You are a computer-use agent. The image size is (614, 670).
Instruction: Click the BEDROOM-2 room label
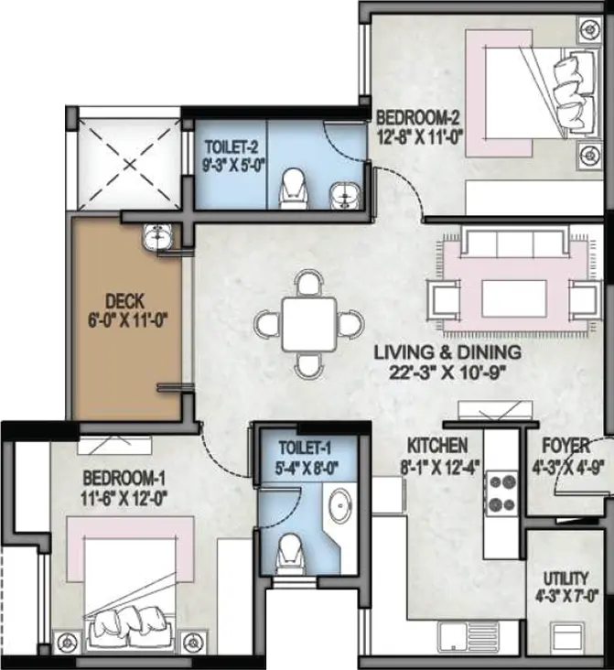click(417, 117)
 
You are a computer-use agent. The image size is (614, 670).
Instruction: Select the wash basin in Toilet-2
click(345, 196)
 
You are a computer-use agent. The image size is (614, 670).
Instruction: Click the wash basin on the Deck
click(156, 236)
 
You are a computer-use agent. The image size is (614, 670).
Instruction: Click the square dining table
click(309, 324)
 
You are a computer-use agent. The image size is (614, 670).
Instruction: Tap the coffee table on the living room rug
click(514, 298)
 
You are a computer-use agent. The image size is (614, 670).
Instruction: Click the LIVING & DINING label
click(447, 352)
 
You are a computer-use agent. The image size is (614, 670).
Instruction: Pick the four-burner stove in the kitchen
click(501, 493)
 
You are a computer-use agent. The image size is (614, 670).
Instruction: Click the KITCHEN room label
click(437, 446)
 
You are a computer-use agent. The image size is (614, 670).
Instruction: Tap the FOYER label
click(566, 446)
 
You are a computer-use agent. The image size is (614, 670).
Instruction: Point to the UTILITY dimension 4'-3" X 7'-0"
click(566, 596)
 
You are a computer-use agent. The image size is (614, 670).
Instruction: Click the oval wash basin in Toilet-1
click(340, 504)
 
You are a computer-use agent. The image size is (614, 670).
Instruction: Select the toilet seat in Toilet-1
click(291, 553)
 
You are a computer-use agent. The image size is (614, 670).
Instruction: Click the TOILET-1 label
click(305, 448)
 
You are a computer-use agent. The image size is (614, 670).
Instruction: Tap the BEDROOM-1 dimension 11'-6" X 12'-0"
click(124, 498)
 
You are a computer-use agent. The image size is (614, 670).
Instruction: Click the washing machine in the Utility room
click(567, 638)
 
